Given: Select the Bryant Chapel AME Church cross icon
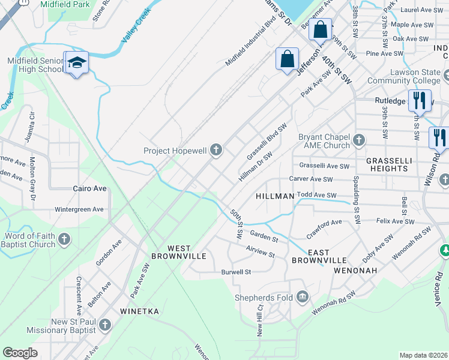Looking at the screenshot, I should (359, 140).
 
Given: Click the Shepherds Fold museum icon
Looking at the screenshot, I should (302, 296).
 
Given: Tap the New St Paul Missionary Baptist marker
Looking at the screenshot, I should (105, 325).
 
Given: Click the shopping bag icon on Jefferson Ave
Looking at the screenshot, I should (287, 59).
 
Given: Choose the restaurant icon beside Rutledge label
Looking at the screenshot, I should (420, 100).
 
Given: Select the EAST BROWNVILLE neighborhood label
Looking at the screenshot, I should (319, 256).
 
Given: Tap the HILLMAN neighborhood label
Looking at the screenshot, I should (274, 196).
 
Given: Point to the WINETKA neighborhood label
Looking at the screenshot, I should (139, 311).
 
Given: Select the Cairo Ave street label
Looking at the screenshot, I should (89, 188).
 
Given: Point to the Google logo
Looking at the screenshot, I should (20, 353).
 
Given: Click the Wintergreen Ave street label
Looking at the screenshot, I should (79, 210).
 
